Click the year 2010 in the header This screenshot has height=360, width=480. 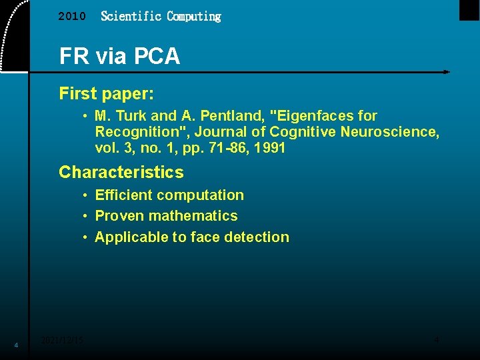(72, 17)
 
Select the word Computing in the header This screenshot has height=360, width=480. (194, 16)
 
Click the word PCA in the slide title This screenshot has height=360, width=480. (155, 56)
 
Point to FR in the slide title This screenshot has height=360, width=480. (73, 56)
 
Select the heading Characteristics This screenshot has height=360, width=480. (121, 172)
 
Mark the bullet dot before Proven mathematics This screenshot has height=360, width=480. (87, 216)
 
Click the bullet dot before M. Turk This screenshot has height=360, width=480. (87, 116)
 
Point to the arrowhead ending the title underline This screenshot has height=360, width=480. (446, 71)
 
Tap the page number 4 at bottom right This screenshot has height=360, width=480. (437, 340)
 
